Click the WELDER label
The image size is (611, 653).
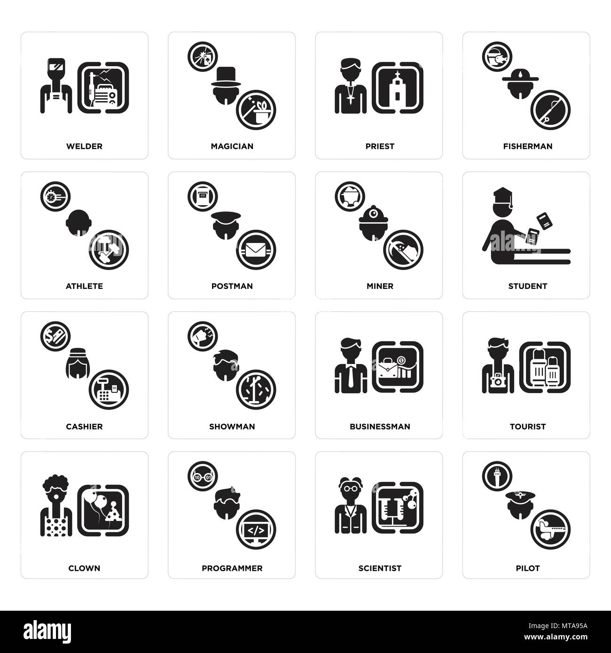(84, 146)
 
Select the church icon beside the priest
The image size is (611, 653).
(398, 88)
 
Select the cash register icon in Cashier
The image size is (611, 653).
(109, 390)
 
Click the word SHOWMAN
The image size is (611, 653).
(232, 427)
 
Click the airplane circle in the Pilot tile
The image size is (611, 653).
(550, 531)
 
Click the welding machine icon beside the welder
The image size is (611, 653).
(103, 88)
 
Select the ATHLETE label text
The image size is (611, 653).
(84, 286)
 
